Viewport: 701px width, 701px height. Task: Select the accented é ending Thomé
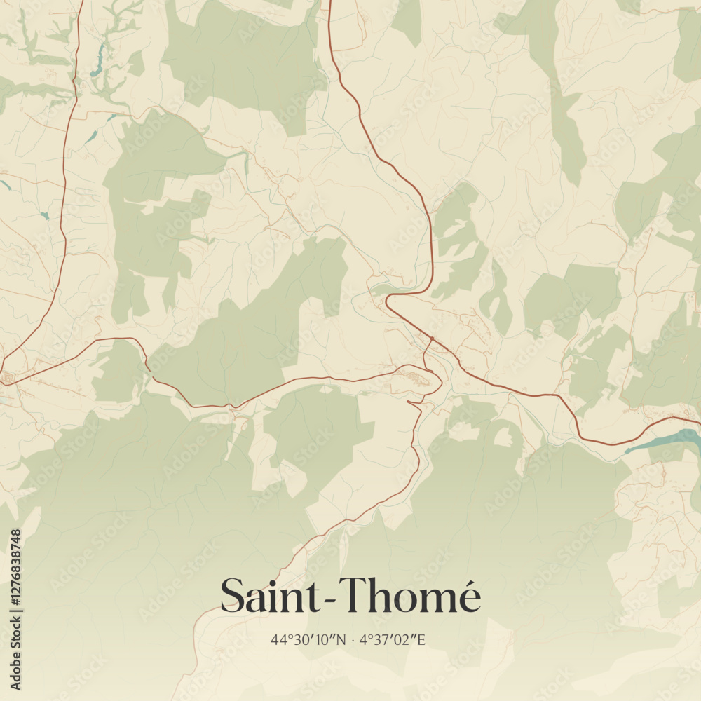click(468, 597)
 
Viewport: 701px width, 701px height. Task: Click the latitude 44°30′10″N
click(308, 639)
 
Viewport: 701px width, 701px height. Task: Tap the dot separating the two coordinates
click(353, 639)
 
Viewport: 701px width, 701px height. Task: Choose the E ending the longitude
click(421, 639)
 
